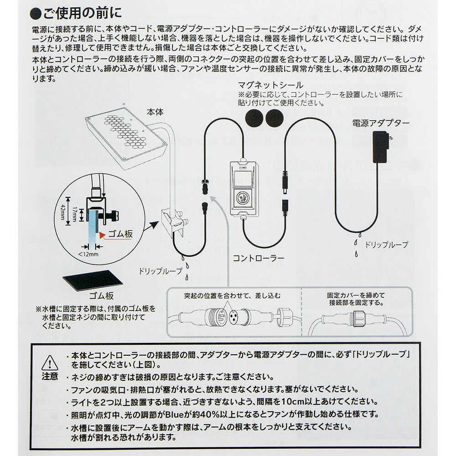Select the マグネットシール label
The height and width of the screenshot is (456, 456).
(270, 85)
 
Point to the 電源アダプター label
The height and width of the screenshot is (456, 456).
(380, 123)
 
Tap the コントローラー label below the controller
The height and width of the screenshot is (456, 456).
(258, 258)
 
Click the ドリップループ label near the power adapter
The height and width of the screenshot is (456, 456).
(386, 245)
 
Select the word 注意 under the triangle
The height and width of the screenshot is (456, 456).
(50, 376)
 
